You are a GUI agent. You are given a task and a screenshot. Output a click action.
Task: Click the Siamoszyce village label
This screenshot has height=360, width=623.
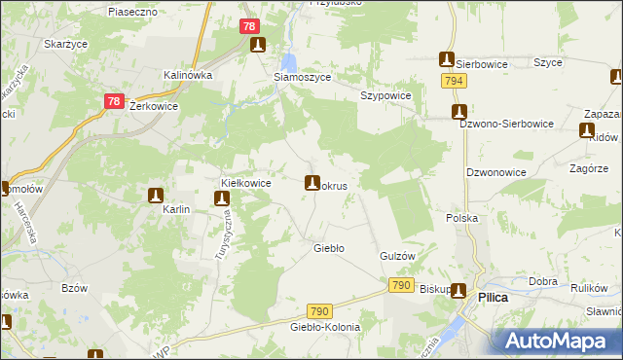click(x=303, y=77)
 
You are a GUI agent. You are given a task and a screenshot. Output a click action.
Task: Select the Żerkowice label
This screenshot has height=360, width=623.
click(x=153, y=106)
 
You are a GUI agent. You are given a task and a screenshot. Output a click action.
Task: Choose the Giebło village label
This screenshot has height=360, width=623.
click(x=328, y=248)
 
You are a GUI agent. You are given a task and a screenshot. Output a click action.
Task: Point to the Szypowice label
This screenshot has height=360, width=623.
click(x=386, y=95)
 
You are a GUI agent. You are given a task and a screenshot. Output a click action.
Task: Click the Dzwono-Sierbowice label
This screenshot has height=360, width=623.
click(x=506, y=124)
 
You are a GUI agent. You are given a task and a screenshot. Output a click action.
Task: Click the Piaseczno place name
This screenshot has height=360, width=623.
click(x=132, y=12)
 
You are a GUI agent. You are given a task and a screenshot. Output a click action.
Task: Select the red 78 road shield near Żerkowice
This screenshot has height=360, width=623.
click(x=114, y=100)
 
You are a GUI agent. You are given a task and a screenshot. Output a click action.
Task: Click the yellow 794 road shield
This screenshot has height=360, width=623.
click(x=452, y=82)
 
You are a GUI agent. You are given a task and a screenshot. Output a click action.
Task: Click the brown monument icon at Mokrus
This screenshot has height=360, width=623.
click(x=312, y=182)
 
